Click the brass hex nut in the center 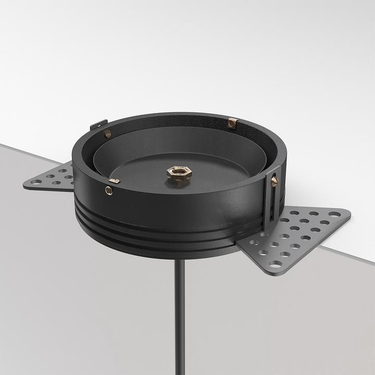[x=179, y=173]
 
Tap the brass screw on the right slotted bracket [x=274, y=181]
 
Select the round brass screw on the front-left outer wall [x=109, y=191]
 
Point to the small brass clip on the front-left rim [x=114, y=181]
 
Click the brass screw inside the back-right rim [x=233, y=123]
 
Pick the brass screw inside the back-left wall [x=108, y=134]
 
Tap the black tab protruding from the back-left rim [x=98, y=125]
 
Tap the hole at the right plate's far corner [x=334, y=214]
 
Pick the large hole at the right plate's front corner [x=274, y=264]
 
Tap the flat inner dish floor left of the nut [x=141, y=174]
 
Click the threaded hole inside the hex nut [x=179, y=171]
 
